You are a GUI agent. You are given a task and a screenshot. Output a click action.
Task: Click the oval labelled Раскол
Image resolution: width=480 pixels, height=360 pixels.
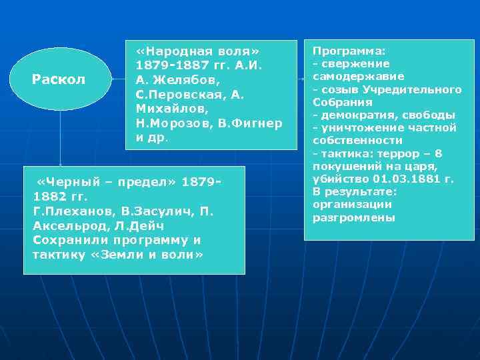click(x=59, y=79)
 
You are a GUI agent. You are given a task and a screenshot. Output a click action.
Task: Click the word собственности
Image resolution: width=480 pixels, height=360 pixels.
click(x=358, y=141)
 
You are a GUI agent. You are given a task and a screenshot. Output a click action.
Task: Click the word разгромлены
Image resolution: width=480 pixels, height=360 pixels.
click(x=354, y=217)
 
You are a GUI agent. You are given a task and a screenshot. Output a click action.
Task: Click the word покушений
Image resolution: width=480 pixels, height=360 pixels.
click(x=345, y=166)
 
